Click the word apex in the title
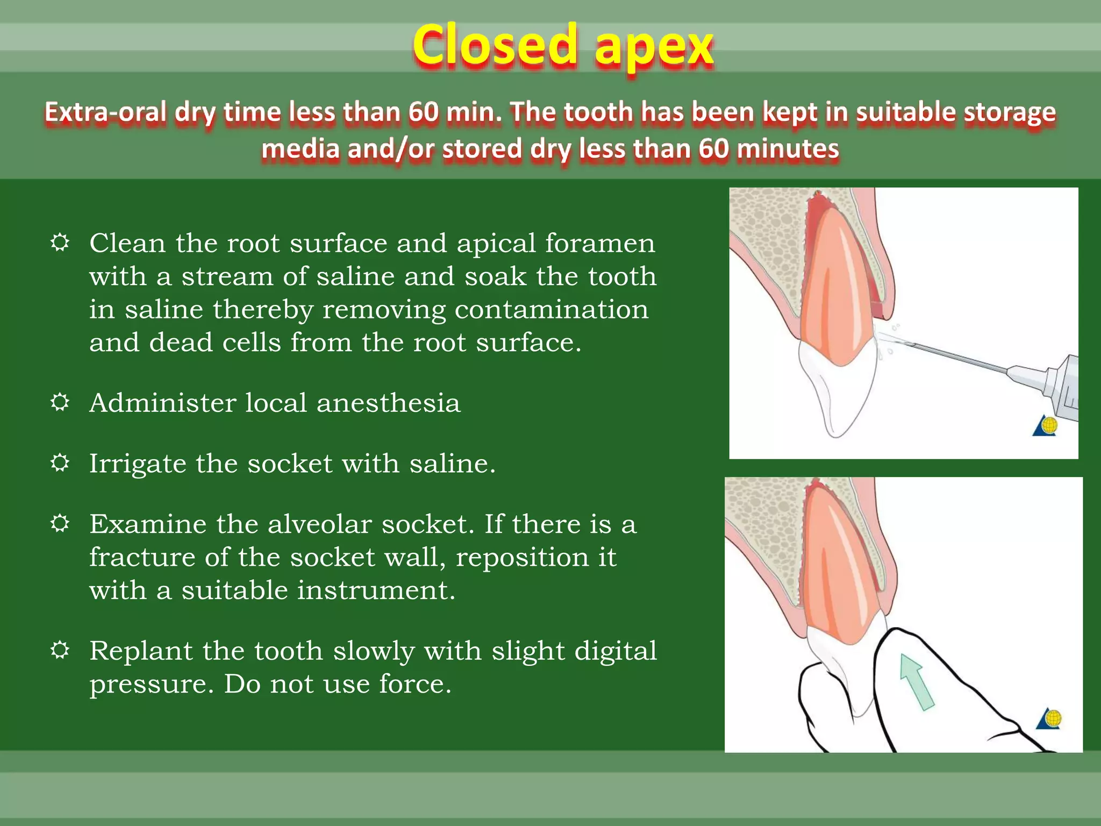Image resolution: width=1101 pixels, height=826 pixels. coord(654,48)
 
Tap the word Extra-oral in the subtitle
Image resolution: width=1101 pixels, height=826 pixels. coord(105,113)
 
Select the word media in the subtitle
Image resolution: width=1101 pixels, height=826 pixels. coord(300,149)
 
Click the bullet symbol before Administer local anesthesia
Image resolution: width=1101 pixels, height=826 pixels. coord(60,402)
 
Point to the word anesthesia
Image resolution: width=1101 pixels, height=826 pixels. coord(388,403)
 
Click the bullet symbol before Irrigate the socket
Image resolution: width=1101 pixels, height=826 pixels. coord(60,462)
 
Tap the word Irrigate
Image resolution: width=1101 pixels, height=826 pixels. coord(137,464)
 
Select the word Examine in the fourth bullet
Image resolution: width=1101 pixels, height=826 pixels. coord(148,524)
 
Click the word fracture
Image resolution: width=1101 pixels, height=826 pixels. coord(142,558)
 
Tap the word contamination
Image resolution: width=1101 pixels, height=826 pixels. coord(551,310)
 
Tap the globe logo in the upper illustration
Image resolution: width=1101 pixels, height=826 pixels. coord(1046,426)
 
